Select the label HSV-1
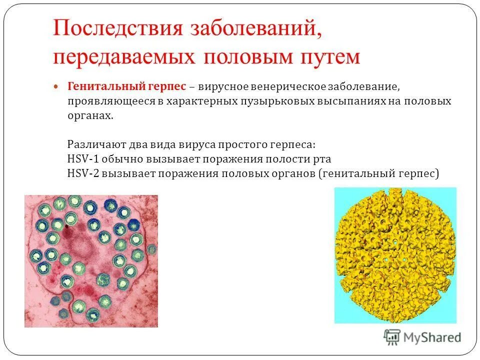click(x=80, y=159)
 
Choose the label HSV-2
click(x=80, y=173)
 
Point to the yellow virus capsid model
click(x=395, y=255)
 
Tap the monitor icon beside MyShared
click(x=392, y=337)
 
